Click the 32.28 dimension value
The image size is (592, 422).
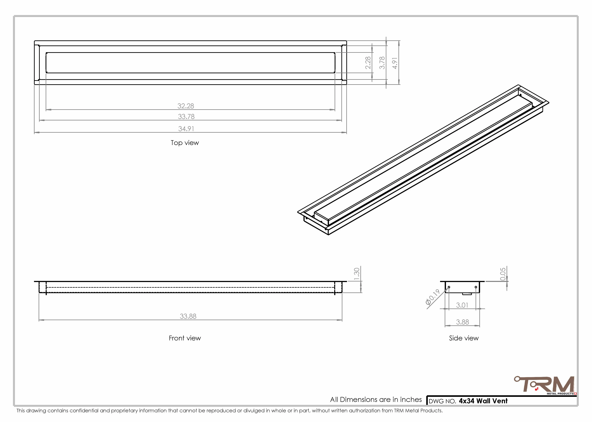[x=186, y=106]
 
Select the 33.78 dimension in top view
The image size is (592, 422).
[x=186, y=117]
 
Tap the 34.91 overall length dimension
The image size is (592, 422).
[x=186, y=129]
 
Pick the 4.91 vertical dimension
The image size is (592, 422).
[x=395, y=63]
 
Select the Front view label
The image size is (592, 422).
[x=185, y=338]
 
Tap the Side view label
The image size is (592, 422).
[x=464, y=338]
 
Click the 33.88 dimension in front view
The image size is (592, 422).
[x=188, y=316]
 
